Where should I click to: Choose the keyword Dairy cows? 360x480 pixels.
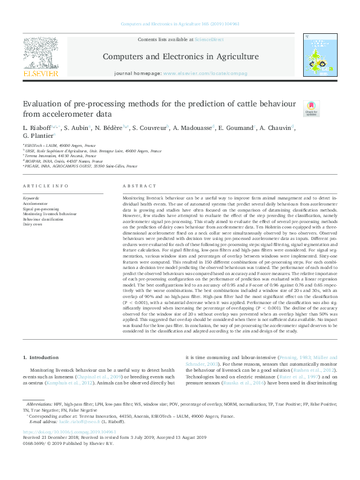(x=33, y=224)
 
